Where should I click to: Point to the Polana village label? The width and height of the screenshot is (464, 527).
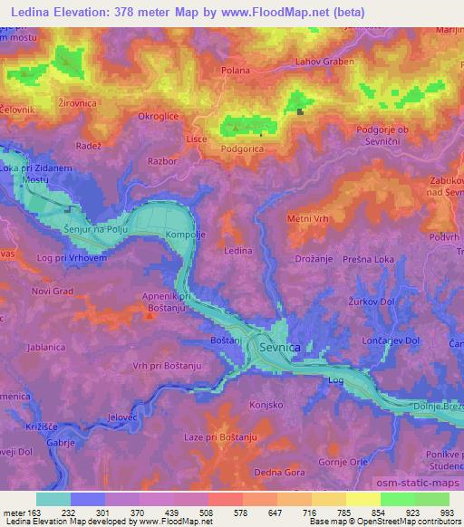[235, 69]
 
